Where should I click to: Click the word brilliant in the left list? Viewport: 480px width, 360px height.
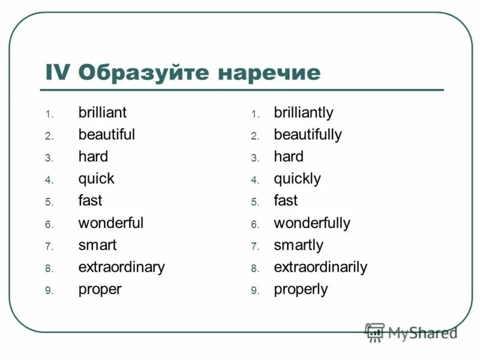pyautogui.click(x=102, y=112)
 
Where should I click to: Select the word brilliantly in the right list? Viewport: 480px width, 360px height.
pyautogui.click(x=303, y=113)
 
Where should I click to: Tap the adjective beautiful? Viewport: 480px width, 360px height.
pyautogui.click(x=106, y=134)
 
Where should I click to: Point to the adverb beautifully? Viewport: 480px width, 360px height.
pyautogui.click(x=307, y=134)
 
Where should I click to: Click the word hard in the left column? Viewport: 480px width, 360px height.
pyautogui.click(x=93, y=157)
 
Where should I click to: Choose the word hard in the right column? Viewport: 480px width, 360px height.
pyautogui.click(x=289, y=157)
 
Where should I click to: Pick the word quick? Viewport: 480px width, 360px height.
pyautogui.click(x=96, y=179)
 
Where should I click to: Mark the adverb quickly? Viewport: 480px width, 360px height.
pyautogui.click(x=297, y=179)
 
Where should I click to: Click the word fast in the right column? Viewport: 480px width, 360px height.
pyautogui.click(x=286, y=200)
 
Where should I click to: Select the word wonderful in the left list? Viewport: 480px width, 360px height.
pyautogui.click(x=110, y=223)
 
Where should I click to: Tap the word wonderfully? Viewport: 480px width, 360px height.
pyautogui.click(x=311, y=223)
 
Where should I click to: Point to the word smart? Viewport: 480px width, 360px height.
pyautogui.click(x=97, y=245)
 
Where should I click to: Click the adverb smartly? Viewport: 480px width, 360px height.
pyautogui.click(x=298, y=245)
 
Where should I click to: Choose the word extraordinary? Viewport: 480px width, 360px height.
pyautogui.click(x=121, y=267)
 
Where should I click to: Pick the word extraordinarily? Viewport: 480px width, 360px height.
pyautogui.click(x=320, y=267)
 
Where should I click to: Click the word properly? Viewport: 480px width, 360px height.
pyautogui.click(x=301, y=289)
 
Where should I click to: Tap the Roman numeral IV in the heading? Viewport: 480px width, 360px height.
pyautogui.click(x=58, y=73)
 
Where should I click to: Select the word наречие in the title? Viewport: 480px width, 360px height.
pyautogui.click(x=269, y=73)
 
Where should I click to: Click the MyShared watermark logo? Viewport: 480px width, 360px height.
pyautogui.click(x=411, y=332)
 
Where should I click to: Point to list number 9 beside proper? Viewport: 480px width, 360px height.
pyautogui.click(x=49, y=290)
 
